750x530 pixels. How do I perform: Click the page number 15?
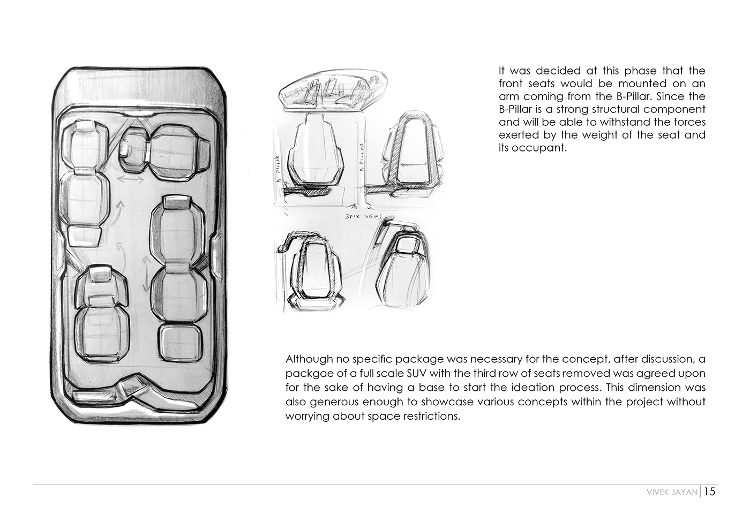point(710,491)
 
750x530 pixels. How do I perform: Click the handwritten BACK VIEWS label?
point(363,216)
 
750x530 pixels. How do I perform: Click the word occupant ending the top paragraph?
point(532,148)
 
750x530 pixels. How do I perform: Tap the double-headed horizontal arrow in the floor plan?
point(131,179)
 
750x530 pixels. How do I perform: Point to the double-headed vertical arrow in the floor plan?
point(146,274)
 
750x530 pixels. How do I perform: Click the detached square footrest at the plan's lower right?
point(181,342)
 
